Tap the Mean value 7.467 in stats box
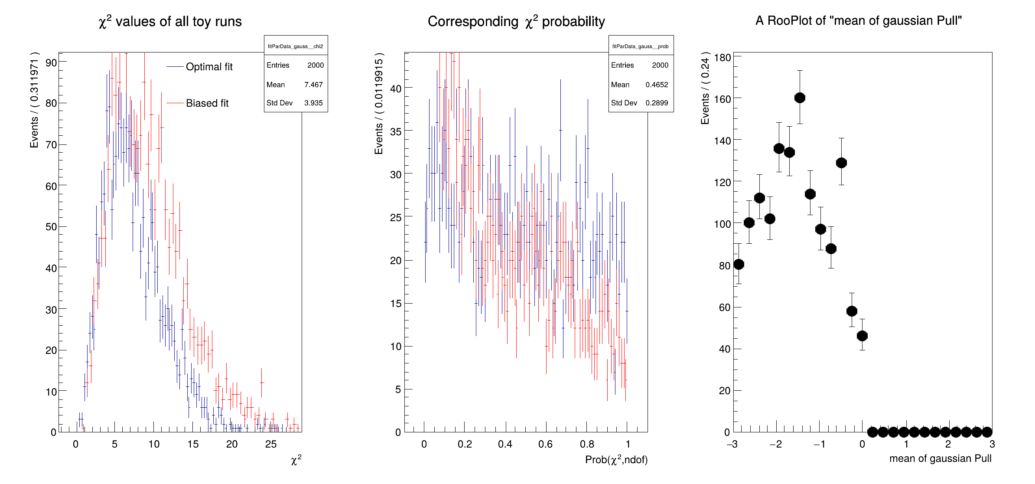(x=313, y=85)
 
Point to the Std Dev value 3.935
(x=313, y=103)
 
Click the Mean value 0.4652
(x=657, y=85)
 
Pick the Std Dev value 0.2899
(x=657, y=103)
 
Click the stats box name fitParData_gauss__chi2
(x=295, y=46)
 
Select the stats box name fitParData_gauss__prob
(x=640, y=46)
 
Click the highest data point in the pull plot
(x=800, y=98)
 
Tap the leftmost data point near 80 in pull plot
(x=739, y=264)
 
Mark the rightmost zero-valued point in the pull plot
(x=987, y=432)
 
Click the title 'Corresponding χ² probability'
(x=516, y=21)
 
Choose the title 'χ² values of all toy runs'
(x=170, y=21)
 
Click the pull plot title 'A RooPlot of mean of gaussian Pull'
(x=858, y=20)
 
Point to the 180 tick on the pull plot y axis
(x=723, y=57)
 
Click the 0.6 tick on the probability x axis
(x=545, y=444)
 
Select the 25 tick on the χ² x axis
(x=271, y=444)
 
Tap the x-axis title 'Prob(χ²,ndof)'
(x=616, y=460)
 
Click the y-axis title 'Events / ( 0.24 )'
(x=705, y=88)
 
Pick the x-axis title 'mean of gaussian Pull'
(x=940, y=458)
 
